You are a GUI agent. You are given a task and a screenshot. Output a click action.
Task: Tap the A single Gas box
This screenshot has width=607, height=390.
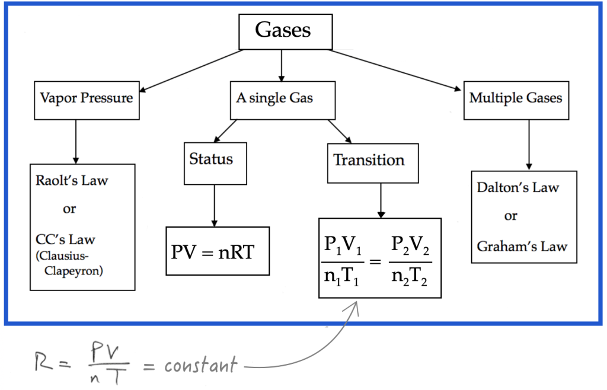point(274,98)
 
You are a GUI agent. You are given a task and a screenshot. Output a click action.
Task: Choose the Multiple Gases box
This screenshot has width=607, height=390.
point(515,98)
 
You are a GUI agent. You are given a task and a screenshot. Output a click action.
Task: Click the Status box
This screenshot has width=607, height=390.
point(211,159)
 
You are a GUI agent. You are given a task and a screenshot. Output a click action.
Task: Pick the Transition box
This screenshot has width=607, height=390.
point(369,161)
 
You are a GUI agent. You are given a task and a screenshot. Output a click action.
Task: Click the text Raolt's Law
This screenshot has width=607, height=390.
point(72,180)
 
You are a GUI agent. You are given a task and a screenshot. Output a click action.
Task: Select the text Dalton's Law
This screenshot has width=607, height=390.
point(517,187)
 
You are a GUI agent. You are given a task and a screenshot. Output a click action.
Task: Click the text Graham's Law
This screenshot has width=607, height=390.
point(522,247)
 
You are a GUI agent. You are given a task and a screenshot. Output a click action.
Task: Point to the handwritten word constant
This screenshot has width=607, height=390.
point(200,365)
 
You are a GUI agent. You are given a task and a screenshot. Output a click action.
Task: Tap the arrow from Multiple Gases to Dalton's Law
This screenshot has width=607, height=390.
point(529,145)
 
